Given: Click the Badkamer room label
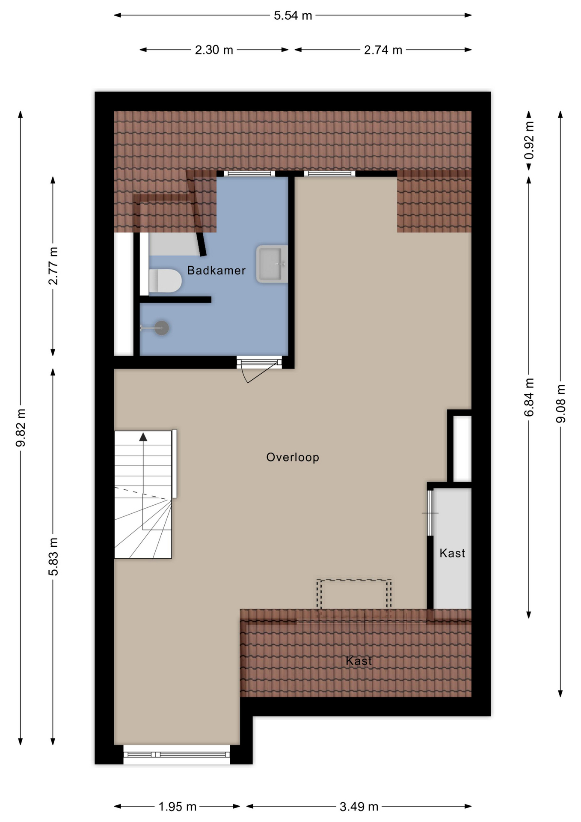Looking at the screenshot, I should (x=216, y=271).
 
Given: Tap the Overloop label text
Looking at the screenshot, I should (x=293, y=457).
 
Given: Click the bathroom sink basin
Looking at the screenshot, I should (x=271, y=264).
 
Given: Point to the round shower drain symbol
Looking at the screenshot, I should (x=162, y=328).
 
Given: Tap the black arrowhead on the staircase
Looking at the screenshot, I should (x=143, y=437).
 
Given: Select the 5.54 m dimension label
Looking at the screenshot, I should (x=293, y=16).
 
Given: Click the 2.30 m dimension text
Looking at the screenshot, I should (x=214, y=50).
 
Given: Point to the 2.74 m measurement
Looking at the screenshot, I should (x=383, y=50).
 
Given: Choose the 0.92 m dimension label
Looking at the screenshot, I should (x=529, y=140).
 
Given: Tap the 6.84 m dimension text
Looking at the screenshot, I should (x=529, y=397).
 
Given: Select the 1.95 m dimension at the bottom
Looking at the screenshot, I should (x=177, y=807).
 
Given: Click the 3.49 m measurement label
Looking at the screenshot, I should (x=359, y=807).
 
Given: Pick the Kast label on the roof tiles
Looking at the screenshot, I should (x=359, y=661).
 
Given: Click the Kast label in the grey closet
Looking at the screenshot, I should (x=452, y=553).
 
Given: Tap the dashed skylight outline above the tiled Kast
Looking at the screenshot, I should (x=354, y=581).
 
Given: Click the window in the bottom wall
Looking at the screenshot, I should (x=177, y=754).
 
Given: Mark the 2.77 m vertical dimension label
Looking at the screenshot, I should (x=53, y=266).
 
